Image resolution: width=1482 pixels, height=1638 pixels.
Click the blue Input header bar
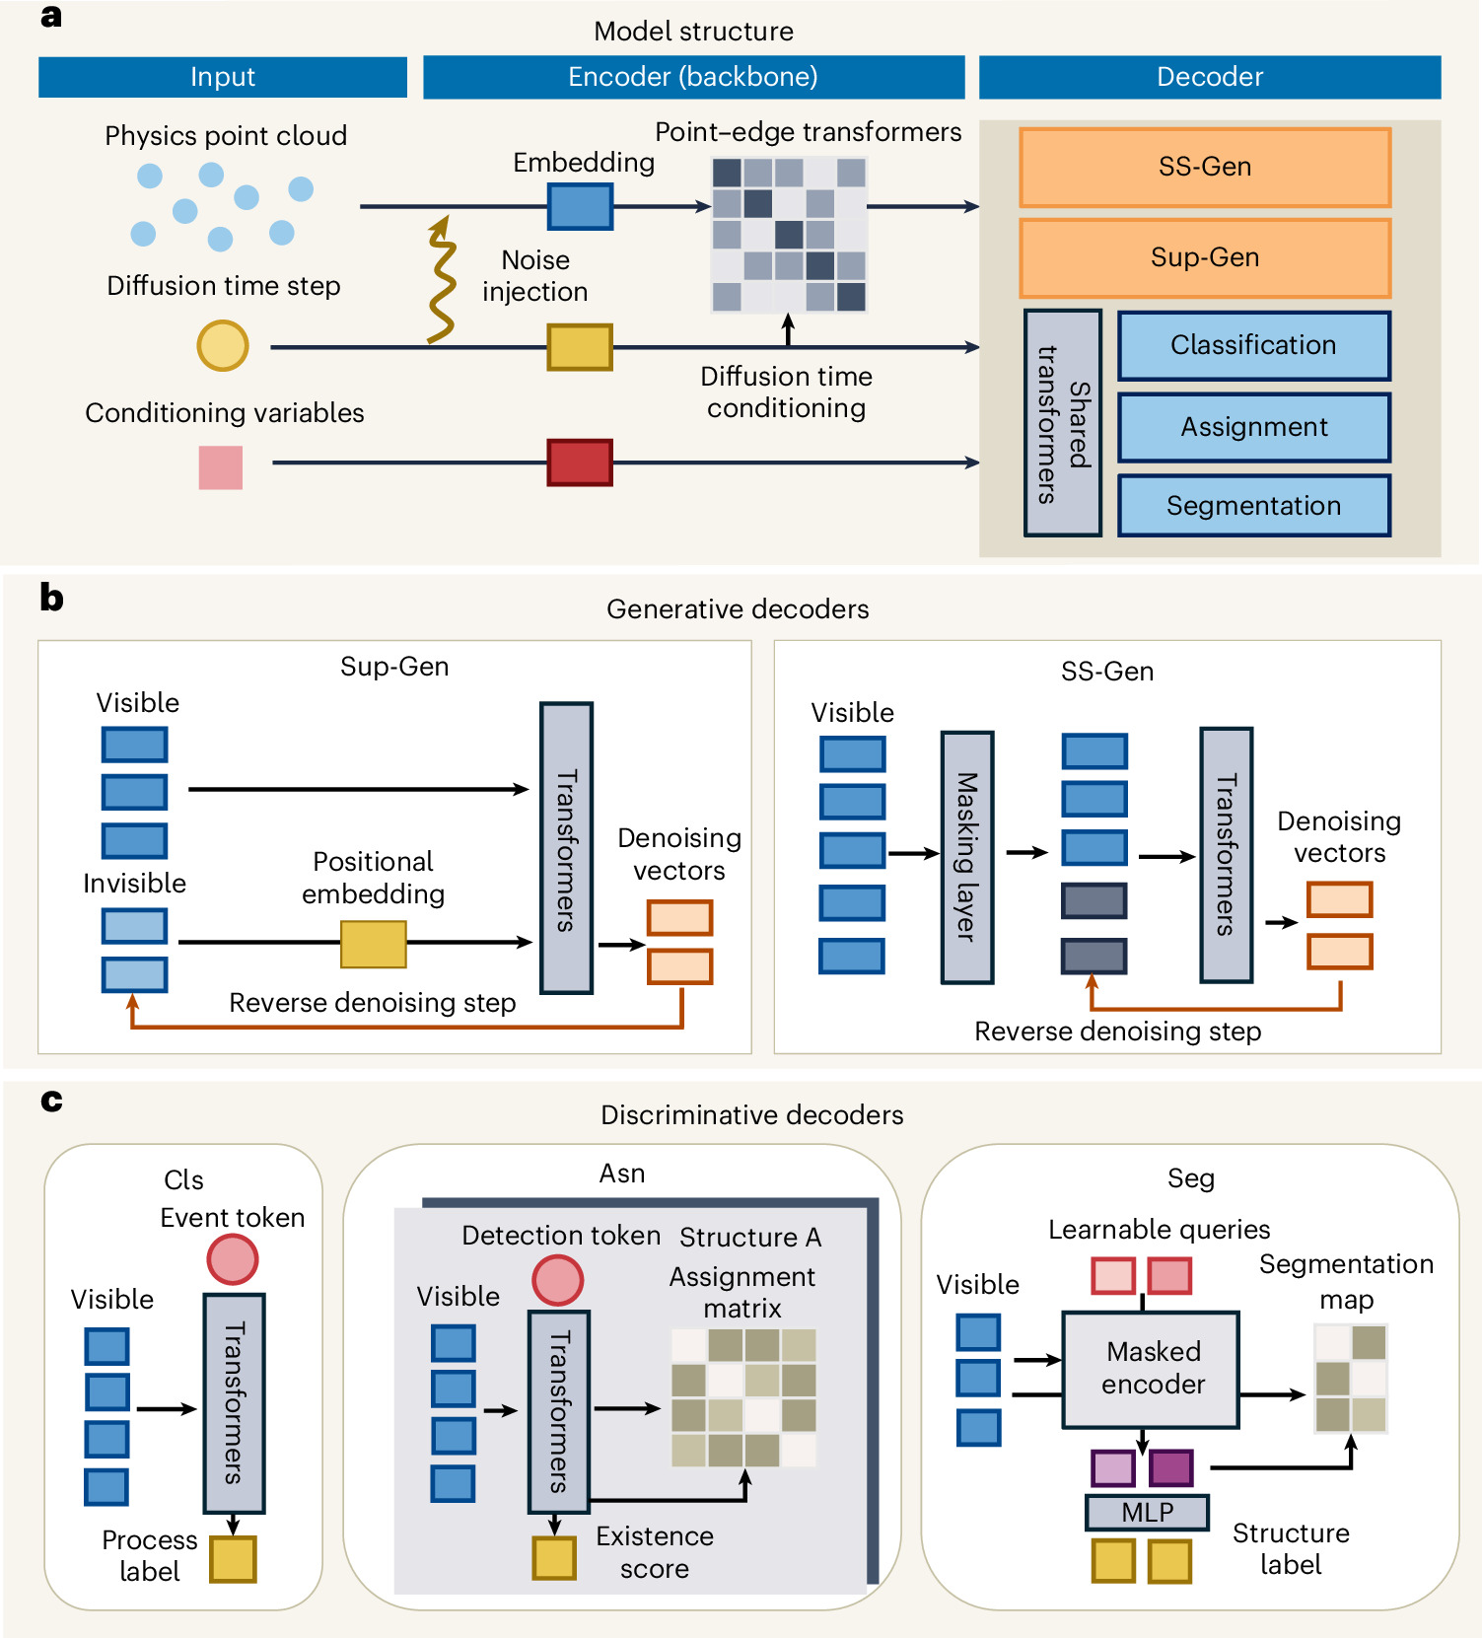tap(223, 77)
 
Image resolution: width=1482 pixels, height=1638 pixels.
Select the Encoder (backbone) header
tap(693, 77)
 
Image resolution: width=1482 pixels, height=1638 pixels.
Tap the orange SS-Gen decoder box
tap(1205, 167)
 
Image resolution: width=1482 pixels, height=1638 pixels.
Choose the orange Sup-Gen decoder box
tap(1205, 257)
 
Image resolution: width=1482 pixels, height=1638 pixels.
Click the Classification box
tap(1253, 345)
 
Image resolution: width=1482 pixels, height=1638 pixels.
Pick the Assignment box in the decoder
tap(1253, 427)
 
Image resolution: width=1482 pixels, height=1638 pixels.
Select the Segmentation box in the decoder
tap(1253, 506)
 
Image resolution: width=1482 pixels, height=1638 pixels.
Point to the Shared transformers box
tap(1063, 423)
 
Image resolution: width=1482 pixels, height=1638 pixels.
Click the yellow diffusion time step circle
tap(223, 346)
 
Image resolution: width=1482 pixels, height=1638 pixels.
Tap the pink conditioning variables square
tap(221, 467)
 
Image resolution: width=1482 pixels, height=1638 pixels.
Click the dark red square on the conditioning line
tap(580, 463)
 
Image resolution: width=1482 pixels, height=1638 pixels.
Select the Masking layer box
tap(966, 857)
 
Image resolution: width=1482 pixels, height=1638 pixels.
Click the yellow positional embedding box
tap(374, 944)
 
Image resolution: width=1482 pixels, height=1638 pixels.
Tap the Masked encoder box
tap(1151, 1370)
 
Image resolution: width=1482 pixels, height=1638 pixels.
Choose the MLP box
tap(1148, 1512)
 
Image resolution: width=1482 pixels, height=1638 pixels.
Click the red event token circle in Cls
tap(233, 1259)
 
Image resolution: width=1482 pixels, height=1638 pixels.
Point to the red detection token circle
tap(558, 1280)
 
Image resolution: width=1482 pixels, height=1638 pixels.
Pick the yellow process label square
tap(233, 1559)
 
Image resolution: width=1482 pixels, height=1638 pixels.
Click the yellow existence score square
tap(554, 1557)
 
